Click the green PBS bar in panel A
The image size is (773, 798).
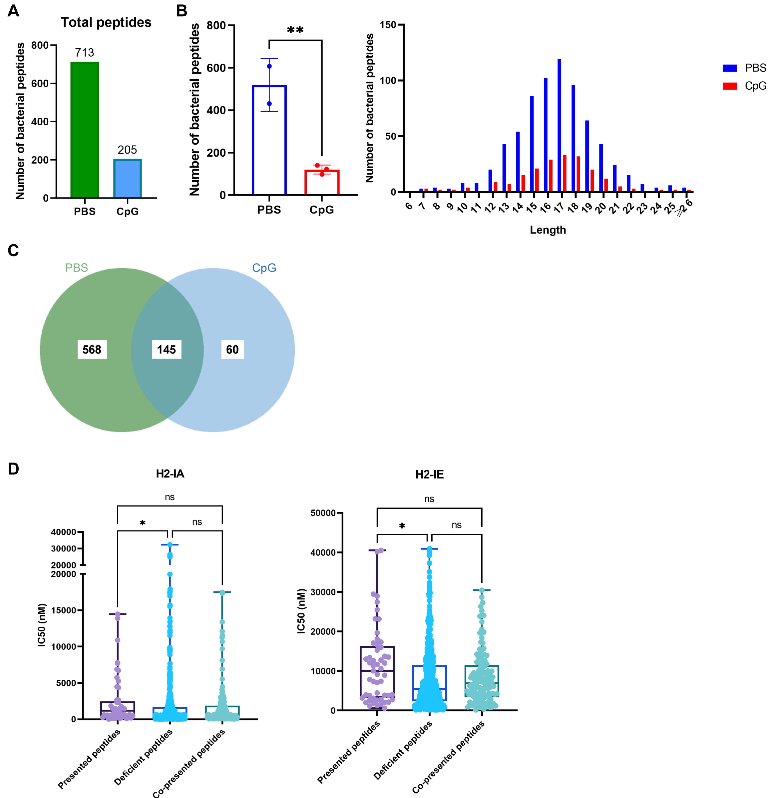[x=85, y=130]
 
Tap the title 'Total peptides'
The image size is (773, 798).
[x=106, y=22]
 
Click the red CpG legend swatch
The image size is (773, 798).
[x=729, y=86]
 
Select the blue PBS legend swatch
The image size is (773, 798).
[x=729, y=68]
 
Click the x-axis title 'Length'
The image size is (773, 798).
[x=548, y=230]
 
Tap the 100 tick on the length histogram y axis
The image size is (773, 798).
[x=388, y=81]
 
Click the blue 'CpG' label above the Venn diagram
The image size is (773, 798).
[x=264, y=268]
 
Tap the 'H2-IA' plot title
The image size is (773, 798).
[x=170, y=474]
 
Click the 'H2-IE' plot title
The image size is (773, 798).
[x=429, y=475]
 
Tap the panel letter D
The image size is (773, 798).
[x=13, y=469]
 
